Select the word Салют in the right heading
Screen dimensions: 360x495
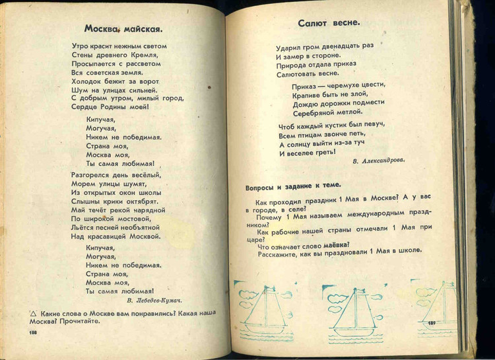coord(313,22)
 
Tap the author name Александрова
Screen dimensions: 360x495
coord(379,159)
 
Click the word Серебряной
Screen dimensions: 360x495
coord(316,112)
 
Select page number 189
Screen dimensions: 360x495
coord(432,323)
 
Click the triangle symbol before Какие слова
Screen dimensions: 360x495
coord(32,312)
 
